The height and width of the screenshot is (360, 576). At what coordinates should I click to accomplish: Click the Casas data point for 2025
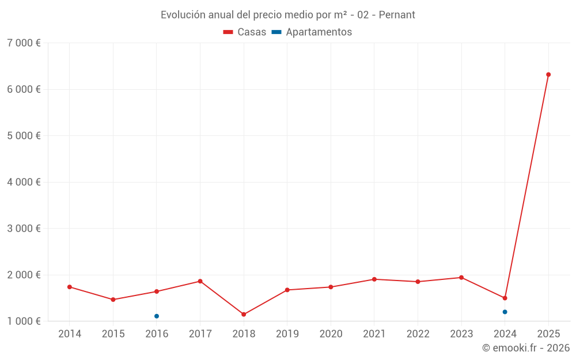(x=548, y=74)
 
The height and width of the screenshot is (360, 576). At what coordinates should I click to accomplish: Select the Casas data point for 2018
(x=244, y=314)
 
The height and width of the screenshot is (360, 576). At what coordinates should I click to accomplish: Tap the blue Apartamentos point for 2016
(x=157, y=316)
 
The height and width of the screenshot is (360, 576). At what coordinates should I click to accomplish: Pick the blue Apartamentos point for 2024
(x=505, y=312)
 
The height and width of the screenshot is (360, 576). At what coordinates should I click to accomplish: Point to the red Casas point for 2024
(x=505, y=298)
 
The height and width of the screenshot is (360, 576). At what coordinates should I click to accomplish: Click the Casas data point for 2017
(x=200, y=281)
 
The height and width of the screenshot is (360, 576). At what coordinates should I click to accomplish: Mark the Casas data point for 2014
(x=70, y=287)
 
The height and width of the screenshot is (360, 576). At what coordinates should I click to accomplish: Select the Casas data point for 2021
(x=374, y=279)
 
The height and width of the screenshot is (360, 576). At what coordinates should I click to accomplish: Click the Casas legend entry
(x=245, y=32)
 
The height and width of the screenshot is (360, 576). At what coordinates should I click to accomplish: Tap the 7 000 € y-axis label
(x=24, y=43)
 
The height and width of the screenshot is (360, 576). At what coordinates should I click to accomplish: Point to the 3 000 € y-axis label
(x=24, y=229)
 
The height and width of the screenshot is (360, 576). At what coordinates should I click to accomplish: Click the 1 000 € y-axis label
(x=24, y=321)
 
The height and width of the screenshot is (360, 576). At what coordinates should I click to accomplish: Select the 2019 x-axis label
(x=287, y=334)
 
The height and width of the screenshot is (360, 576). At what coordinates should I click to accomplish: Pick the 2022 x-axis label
(x=418, y=334)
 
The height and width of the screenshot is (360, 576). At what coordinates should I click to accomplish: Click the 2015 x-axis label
(x=113, y=334)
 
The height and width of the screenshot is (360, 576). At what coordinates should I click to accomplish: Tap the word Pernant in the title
(x=397, y=15)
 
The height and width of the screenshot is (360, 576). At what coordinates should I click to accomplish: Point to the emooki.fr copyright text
(x=526, y=348)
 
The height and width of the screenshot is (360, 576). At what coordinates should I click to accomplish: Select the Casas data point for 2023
(x=461, y=278)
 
